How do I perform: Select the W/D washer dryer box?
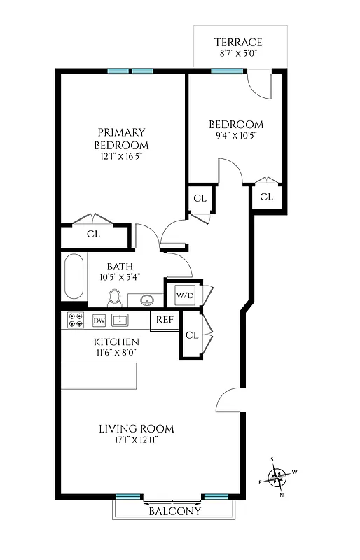[x=185, y=295]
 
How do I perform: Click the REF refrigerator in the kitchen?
[x=165, y=320]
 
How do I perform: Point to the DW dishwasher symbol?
[x=99, y=321]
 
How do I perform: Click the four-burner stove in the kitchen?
[x=75, y=321]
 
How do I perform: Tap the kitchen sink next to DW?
[x=120, y=321]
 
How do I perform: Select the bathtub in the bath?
[x=74, y=277]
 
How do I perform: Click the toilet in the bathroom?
[x=116, y=298]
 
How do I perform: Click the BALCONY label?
[x=174, y=511]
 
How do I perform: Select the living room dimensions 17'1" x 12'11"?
[x=136, y=440]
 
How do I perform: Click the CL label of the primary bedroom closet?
[x=93, y=234]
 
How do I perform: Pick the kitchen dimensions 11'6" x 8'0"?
[x=116, y=353]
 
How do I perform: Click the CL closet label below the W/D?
[x=192, y=335]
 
